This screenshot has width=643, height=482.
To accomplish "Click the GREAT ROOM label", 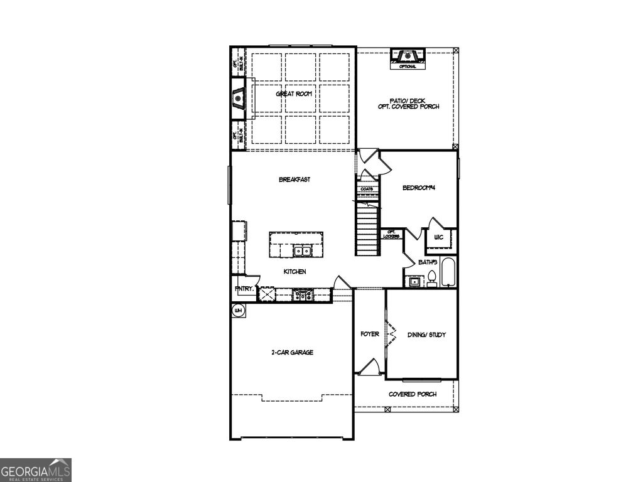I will click(x=293, y=94).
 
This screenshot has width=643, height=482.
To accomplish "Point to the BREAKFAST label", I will click(x=294, y=179).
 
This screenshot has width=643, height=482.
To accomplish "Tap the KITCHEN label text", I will click(x=294, y=272).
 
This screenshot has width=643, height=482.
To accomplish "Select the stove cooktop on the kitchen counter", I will click(x=301, y=294).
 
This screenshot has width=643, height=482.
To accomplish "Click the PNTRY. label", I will click(x=244, y=289).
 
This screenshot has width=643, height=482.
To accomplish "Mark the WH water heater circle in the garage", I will click(x=238, y=310).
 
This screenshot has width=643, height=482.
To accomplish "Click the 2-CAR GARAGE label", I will click(x=292, y=353).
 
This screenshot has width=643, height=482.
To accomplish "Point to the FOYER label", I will click(x=369, y=335).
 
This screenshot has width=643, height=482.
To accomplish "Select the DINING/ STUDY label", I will click(x=426, y=335).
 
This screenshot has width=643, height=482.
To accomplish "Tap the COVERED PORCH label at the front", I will click(x=412, y=394).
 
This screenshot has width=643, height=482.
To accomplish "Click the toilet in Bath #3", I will click(x=432, y=279).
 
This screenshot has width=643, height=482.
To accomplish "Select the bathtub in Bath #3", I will click(x=449, y=273).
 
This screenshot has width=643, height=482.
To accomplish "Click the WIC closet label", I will click(x=439, y=238).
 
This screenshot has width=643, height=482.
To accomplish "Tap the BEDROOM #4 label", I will click(x=419, y=188).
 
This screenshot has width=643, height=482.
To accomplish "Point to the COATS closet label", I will click(x=367, y=189).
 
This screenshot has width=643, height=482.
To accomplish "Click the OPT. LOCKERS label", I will click(x=391, y=233).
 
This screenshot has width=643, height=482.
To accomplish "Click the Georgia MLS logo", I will click(x=36, y=470).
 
